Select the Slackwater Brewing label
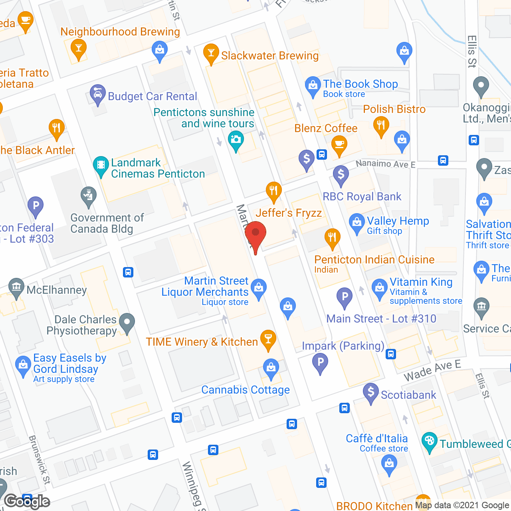click(270, 55)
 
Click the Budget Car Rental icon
click(97, 94)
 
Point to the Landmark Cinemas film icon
click(101, 165)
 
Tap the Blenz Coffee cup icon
click(339, 144)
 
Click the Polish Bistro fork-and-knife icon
click(381, 125)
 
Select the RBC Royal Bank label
click(362, 196)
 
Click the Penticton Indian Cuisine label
click(374, 259)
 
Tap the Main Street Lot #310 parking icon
click(345, 297)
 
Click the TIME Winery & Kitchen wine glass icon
click(268, 339)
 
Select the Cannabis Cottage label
click(246, 390)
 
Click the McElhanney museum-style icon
click(16, 287)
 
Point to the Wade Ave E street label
click(432, 370)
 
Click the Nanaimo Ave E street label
click(385, 164)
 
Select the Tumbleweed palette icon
click(429, 441)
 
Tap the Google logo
click(27, 501)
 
